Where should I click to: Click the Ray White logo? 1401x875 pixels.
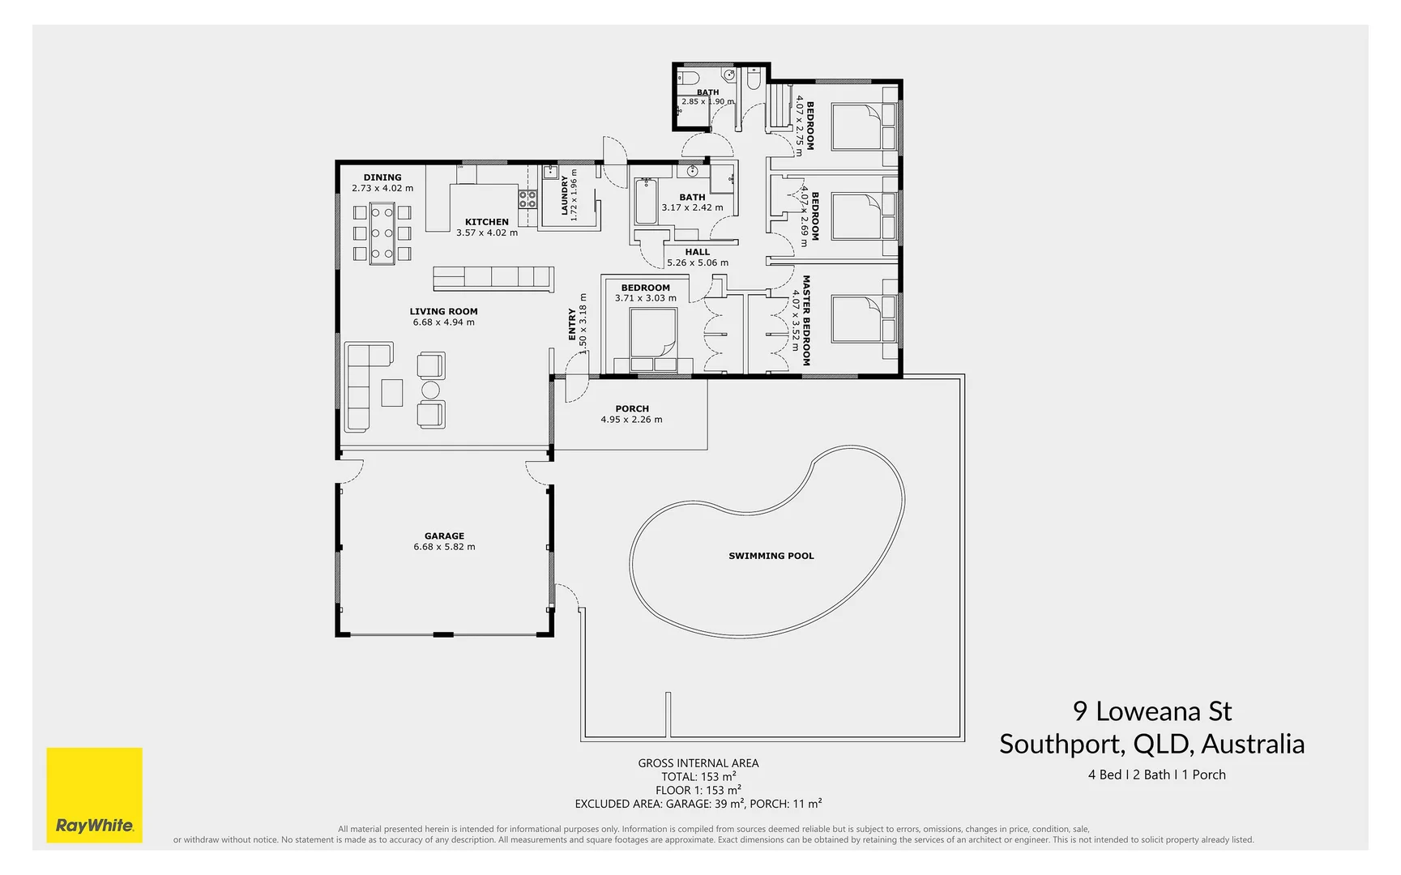(94, 795)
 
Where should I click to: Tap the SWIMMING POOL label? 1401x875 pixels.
(771, 556)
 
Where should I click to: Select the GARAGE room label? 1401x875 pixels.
(444, 536)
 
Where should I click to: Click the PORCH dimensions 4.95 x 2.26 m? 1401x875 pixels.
(631, 420)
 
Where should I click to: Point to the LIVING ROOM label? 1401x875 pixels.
(443, 311)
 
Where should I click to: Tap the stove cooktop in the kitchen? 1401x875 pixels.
(528, 198)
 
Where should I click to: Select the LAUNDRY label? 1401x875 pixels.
(565, 195)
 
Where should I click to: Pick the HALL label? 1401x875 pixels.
(697, 252)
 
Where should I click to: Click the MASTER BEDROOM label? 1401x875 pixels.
(806, 320)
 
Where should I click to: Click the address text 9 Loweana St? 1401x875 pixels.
(1151, 711)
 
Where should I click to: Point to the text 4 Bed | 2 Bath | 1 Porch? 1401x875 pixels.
(1156, 775)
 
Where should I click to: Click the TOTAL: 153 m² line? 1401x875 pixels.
(698, 776)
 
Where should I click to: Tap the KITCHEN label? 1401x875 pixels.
(486, 222)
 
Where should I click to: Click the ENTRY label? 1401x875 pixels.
(572, 323)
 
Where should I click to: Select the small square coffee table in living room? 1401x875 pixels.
(392, 392)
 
